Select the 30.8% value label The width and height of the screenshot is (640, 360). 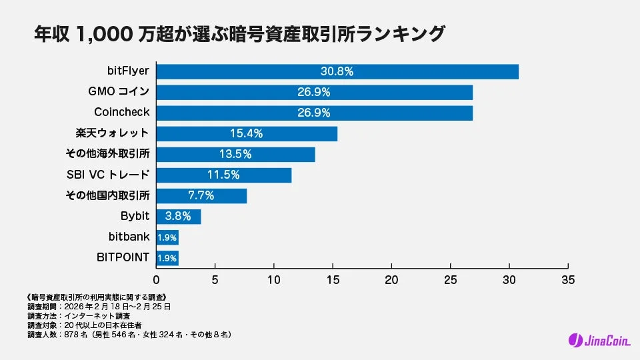(337, 71)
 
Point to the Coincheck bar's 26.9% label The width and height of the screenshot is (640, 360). (314, 113)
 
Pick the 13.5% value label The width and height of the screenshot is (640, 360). (235, 154)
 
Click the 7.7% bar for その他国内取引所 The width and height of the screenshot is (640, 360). (201, 195)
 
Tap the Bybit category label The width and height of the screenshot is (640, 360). (135, 216)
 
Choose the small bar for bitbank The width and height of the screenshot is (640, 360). (167, 237)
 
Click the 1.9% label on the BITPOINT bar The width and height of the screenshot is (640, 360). (167, 257)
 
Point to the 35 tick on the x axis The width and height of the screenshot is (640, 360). (568, 279)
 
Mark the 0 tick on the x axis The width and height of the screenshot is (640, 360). (157, 279)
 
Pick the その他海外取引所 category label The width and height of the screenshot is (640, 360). (107, 154)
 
